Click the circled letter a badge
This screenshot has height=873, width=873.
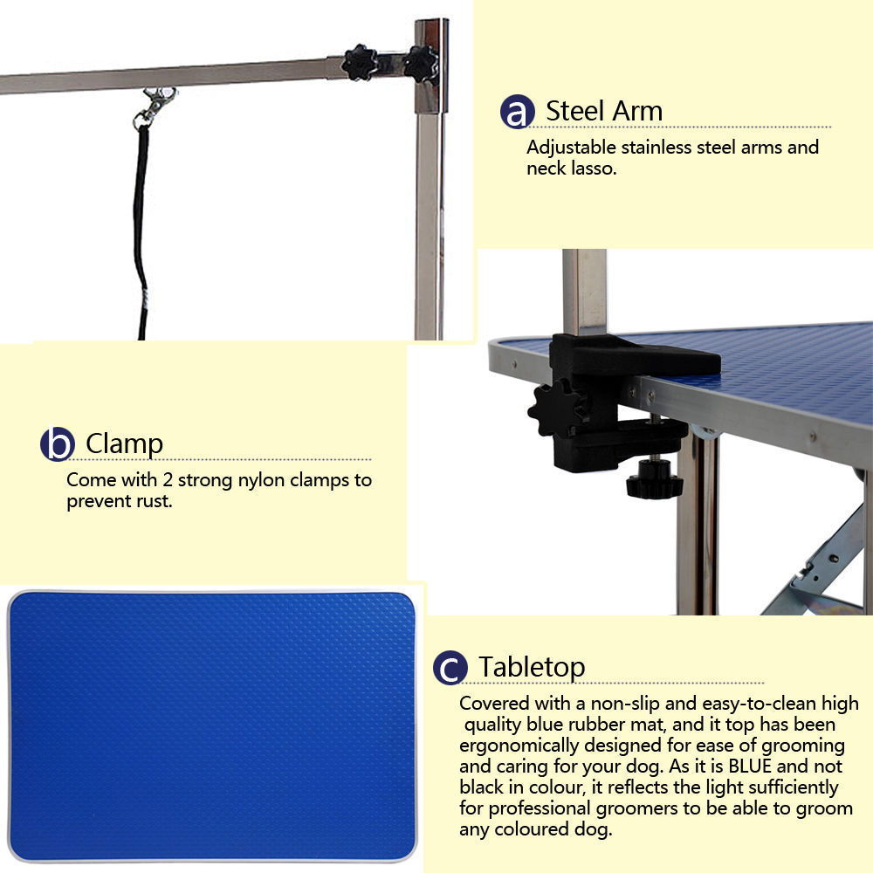click(517, 113)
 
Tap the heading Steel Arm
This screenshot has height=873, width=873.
click(604, 111)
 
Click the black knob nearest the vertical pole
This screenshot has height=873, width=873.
click(420, 63)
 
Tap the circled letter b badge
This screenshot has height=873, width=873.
click(58, 444)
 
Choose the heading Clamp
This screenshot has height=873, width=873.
click(124, 443)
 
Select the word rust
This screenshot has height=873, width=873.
click(155, 502)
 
